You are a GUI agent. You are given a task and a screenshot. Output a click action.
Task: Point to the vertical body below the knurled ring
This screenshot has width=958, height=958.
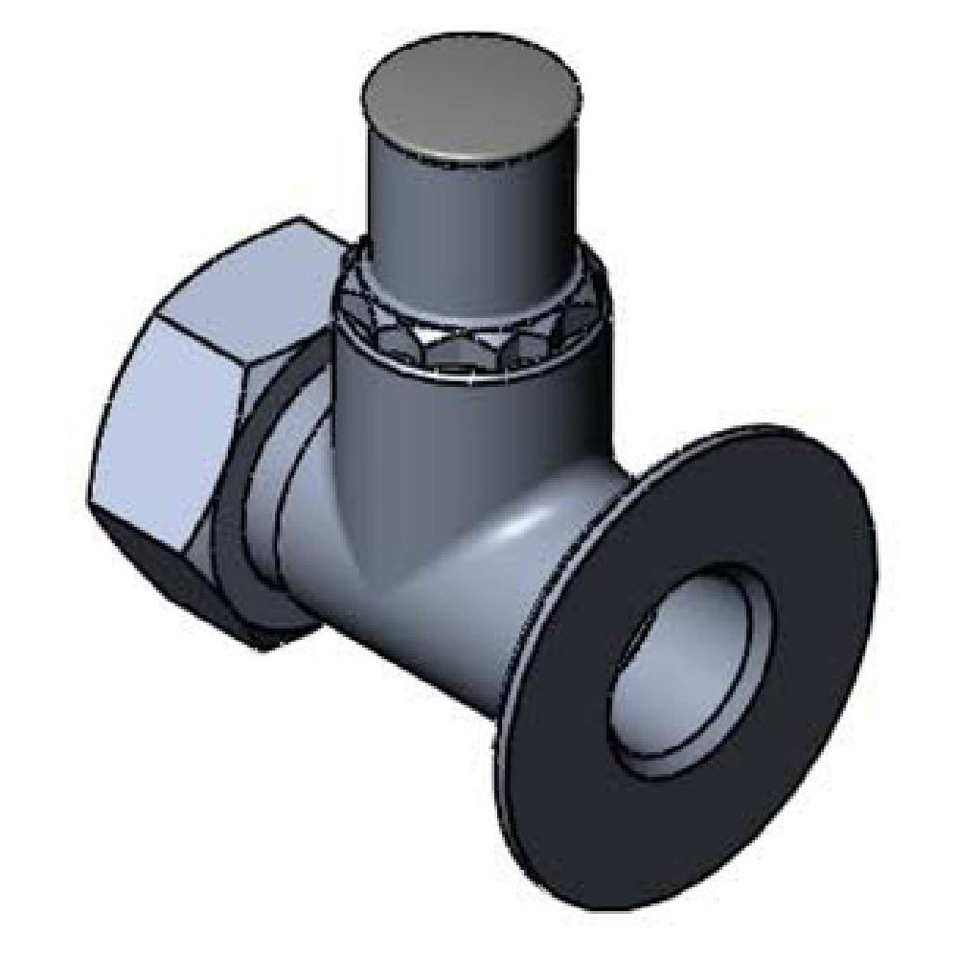(431, 422)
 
